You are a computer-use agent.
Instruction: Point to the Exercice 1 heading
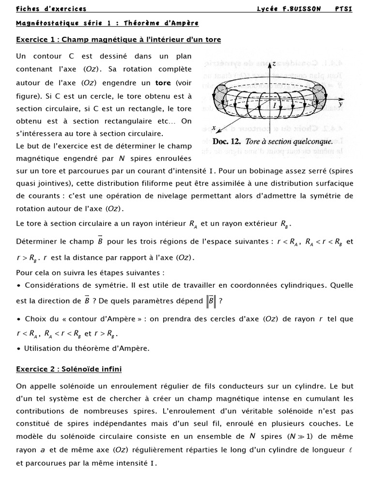118,40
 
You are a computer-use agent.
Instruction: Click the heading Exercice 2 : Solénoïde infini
69,369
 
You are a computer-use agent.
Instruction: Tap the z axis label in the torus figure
274,64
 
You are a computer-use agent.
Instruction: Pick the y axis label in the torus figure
341,104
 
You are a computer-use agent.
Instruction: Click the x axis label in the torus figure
213,128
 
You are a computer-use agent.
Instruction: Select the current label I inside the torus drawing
274,105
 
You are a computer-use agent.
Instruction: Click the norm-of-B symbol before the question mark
211,301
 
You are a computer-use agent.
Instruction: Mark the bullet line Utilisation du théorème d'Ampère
83,348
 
